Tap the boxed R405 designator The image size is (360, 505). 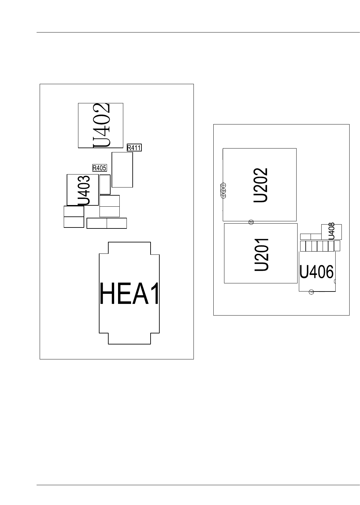pos(100,168)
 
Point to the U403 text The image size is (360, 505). pos(84,190)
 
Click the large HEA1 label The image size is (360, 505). pos(129,294)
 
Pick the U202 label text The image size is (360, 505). pos(261,185)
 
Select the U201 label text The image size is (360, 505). pos(261,254)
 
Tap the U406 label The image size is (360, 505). pos(316,272)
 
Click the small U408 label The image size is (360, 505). pos(331,231)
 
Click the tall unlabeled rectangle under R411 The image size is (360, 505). pos(122,170)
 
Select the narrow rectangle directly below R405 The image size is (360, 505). pos(105,184)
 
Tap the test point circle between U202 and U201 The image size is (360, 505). pos(251,222)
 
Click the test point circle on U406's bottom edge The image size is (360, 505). pos(311,292)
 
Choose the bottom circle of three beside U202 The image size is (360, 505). pos(223,196)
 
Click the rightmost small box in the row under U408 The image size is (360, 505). pos(337,246)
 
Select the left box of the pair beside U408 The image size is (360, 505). pos(305,237)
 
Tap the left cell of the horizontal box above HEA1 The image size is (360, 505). pos(97,223)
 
